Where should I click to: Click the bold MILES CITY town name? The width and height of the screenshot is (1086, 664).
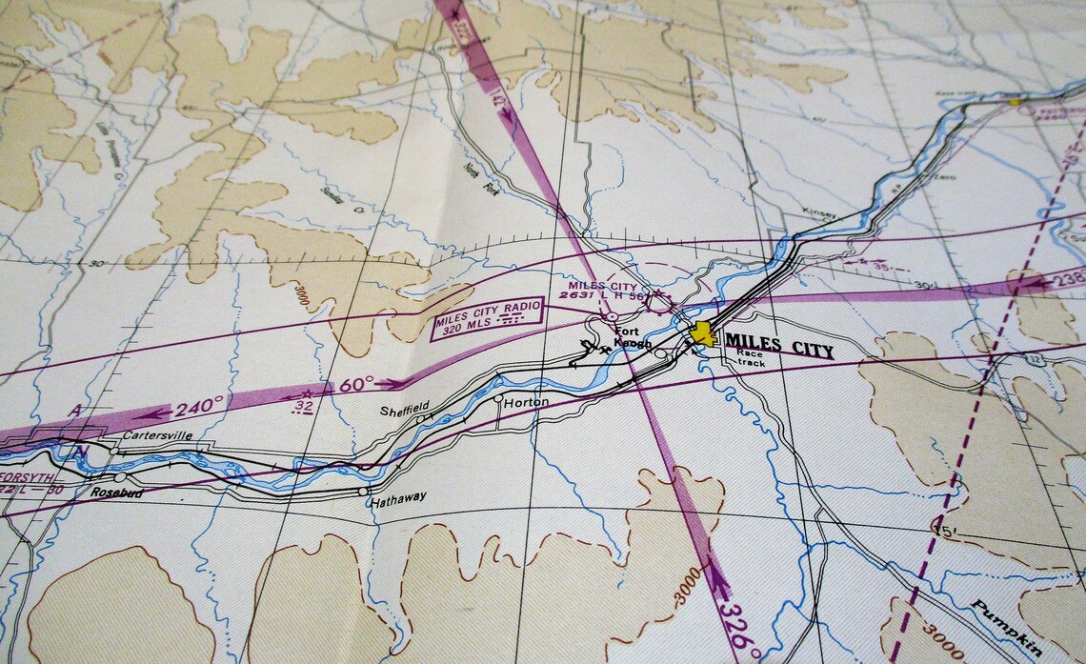click(778, 346)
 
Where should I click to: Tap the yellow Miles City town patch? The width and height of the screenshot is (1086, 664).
click(703, 333)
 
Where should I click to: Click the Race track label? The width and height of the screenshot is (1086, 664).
click(750, 358)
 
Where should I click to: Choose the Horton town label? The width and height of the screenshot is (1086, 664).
click(526, 403)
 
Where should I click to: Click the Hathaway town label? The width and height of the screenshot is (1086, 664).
click(398, 496)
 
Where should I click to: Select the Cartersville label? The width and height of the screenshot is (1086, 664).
click(157, 435)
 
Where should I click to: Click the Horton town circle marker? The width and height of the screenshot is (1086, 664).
click(498, 398)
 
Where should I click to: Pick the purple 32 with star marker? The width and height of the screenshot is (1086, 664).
click(305, 401)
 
